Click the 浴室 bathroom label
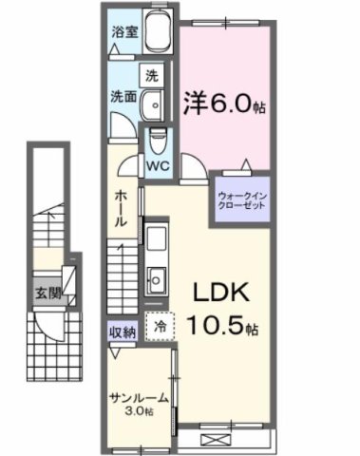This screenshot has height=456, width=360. [123, 30]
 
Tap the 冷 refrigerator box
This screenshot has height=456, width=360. [160, 325]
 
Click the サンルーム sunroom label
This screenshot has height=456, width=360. [138, 398]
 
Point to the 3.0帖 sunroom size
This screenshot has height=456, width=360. [139, 411]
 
